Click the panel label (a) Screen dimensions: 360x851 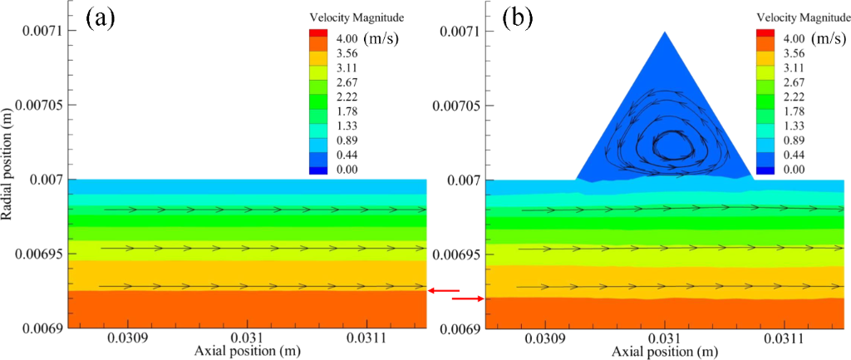point(100,19)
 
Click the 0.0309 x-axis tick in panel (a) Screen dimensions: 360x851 point(127,340)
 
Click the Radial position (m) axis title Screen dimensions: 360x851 point(9,179)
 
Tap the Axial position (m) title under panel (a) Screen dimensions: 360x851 point(248,353)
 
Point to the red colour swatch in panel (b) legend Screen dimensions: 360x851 point(765,33)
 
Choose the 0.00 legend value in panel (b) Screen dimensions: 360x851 point(794,170)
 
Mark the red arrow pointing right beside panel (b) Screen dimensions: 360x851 point(468,298)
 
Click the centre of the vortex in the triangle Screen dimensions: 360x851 point(667,144)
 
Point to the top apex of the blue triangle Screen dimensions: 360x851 point(665,32)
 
